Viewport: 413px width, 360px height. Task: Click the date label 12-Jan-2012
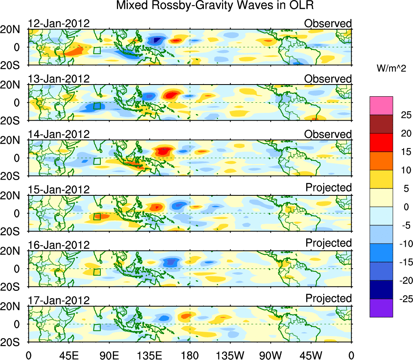(x=59, y=23)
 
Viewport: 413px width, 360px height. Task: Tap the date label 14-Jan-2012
(x=59, y=134)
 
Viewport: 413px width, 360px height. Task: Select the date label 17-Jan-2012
(x=59, y=301)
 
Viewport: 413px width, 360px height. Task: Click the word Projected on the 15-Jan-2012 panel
(x=328, y=188)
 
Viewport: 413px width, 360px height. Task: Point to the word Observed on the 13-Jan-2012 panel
(x=328, y=79)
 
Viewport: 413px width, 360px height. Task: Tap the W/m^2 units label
(x=391, y=69)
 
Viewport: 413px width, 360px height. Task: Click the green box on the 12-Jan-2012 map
(x=97, y=51)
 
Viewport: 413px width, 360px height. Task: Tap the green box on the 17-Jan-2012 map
(x=97, y=327)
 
